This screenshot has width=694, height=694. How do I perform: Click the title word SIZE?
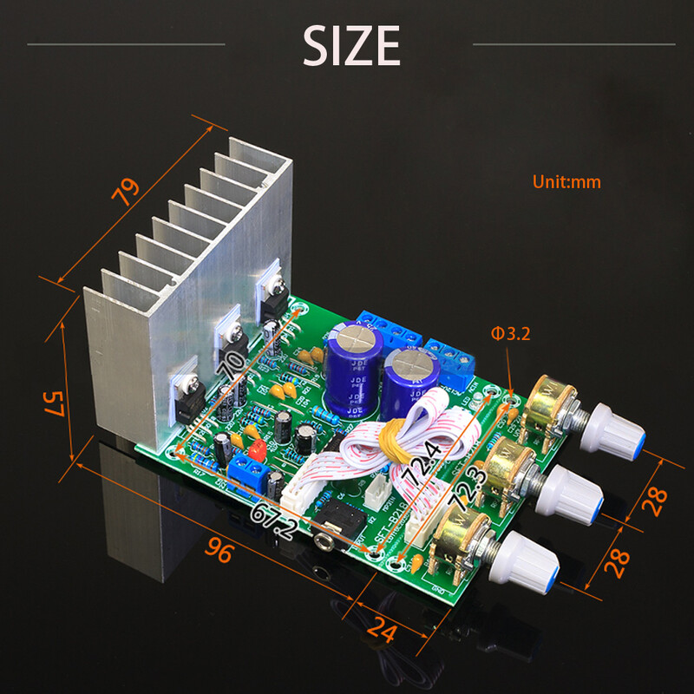pyautogui.click(x=351, y=45)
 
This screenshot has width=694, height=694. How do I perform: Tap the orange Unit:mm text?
pyautogui.click(x=566, y=182)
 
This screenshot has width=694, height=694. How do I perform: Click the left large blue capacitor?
pyautogui.click(x=353, y=369)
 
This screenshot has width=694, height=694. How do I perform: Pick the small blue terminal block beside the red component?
pyautogui.click(x=252, y=474)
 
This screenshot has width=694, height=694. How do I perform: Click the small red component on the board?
pyautogui.click(x=256, y=450)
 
